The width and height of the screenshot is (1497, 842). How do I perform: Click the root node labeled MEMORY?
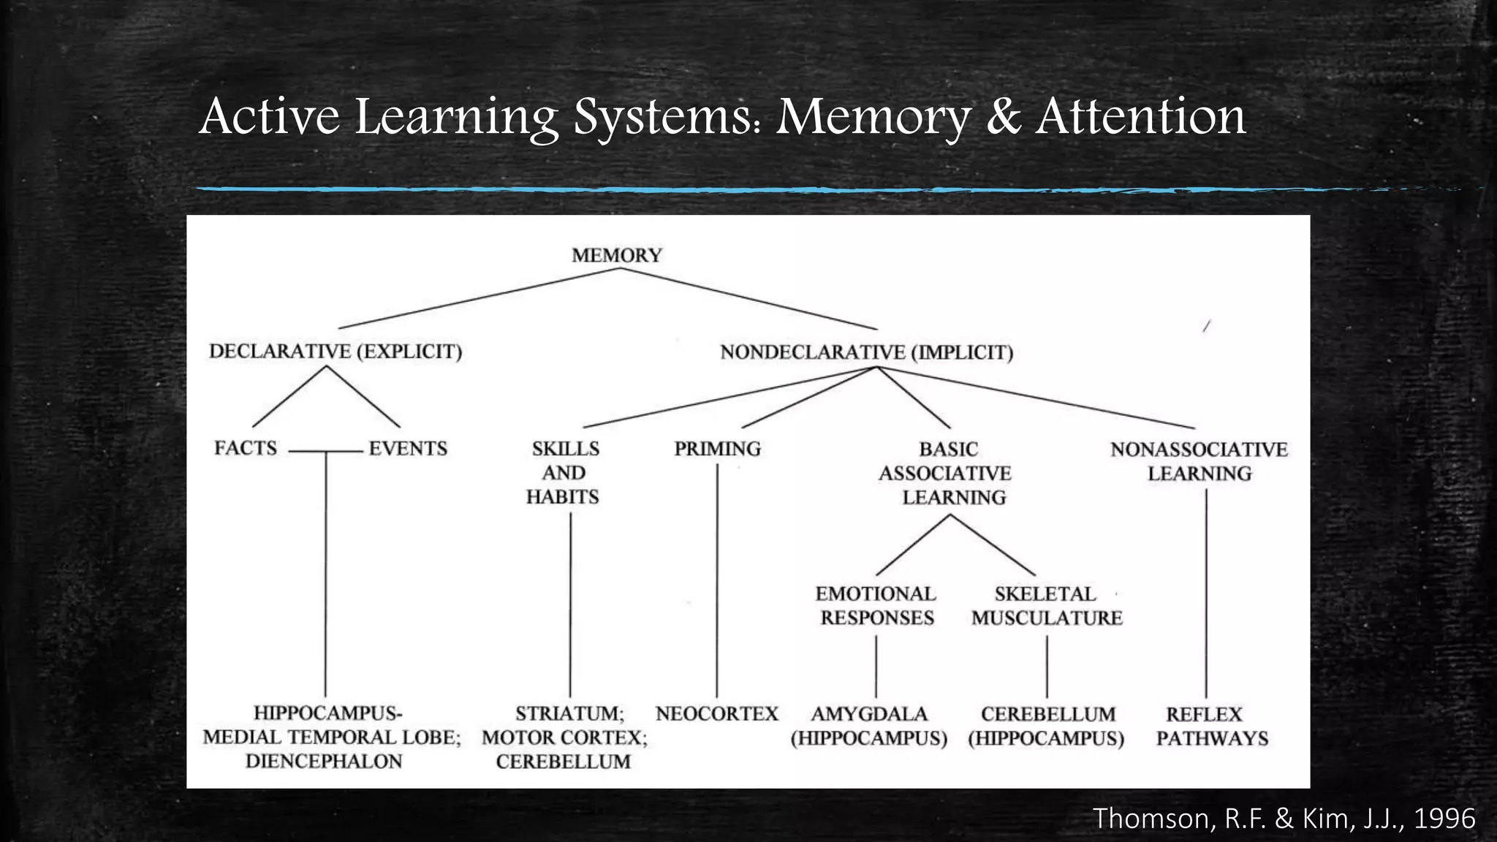pyautogui.click(x=617, y=255)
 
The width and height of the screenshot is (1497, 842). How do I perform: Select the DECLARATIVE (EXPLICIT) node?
pyautogui.click(x=336, y=352)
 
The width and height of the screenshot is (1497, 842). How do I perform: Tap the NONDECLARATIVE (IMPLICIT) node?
pyautogui.click(x=866, y=352)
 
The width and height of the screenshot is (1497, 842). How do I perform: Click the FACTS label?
pyautogui.click(x=246, y=448)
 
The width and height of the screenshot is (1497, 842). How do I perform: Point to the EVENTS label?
pyautogui.click(x=408, y=449)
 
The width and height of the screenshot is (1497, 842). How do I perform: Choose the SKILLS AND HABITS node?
pyautogui.click(x=564, y=473)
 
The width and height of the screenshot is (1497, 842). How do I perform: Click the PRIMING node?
pyautogui.click(x=717, y=449)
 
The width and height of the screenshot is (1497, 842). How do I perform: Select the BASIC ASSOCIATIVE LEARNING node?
pyautogui.click(x=947, y=474)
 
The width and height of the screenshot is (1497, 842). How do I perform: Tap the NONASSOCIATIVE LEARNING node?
pyautogui.click(x=1199, y=461)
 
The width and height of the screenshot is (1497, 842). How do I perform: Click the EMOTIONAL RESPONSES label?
pyautogui.click(x=876, y=606)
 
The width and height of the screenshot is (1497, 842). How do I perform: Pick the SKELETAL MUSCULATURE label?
pyautogui.click(x=1046, y=606)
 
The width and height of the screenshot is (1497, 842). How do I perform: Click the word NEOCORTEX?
pyautogui.click(x=717, y=713)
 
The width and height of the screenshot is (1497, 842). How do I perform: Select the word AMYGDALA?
pyautogui.click(x=868, y=714)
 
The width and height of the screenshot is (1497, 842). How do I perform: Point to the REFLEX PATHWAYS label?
pyautogui.click(x=1210, y=726)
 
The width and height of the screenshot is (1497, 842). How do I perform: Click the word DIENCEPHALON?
pyautogui.click(x=324, y=762)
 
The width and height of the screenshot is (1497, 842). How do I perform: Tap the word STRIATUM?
pyautogui.click(x=569, y=713)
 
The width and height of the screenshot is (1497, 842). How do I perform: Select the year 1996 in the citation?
pyautogui.click(x=1444, y=819)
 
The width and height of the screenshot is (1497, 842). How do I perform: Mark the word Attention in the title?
pyautogui.click(x=1140, y=117)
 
